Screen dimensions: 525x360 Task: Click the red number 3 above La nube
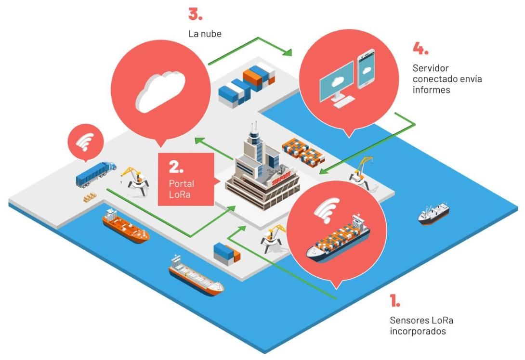click(195, 14)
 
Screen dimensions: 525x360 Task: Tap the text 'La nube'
click(205, 34)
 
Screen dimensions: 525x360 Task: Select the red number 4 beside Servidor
click(420, 49)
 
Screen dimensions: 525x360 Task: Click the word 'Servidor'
click(431, 68)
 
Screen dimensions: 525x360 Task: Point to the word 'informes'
click(431, 90)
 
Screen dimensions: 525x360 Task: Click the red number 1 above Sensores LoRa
click(395, 300)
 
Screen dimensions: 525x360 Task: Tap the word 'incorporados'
click(418, 332)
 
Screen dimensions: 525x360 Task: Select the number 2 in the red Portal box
click(176, 167)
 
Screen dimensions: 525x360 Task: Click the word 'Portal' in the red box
click(182, 184)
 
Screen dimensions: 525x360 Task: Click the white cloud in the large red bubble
click(160, 92)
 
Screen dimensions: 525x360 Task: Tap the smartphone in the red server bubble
click(366, 69)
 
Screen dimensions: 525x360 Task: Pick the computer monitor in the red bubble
click(337, 81)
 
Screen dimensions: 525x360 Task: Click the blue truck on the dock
click(96, 174)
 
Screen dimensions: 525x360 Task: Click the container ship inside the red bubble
click(338, 238)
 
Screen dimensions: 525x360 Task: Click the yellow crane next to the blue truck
click(136, 180)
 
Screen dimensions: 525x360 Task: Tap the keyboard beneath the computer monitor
click(344, 102)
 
